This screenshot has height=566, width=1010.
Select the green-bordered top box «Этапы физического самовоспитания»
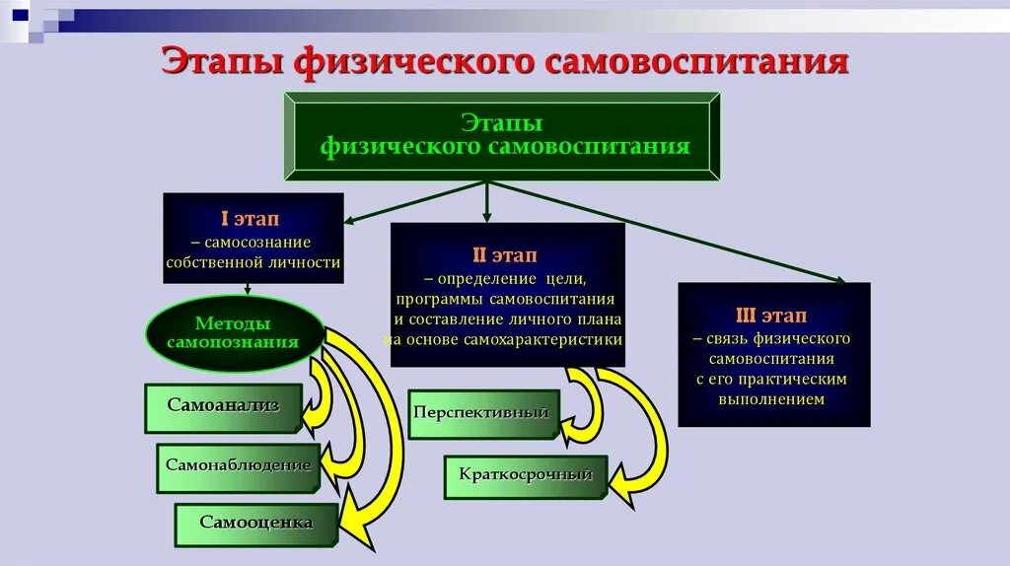[502, 136]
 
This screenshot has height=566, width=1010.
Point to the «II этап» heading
[505, 254]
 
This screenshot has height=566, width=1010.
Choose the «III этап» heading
[772, 316]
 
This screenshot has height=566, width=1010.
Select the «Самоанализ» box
[223, 406]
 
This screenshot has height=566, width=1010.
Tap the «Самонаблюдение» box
[238, 465]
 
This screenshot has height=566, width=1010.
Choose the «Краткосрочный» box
[525, 475]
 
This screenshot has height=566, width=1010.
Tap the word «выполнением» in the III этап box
[773, 399]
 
